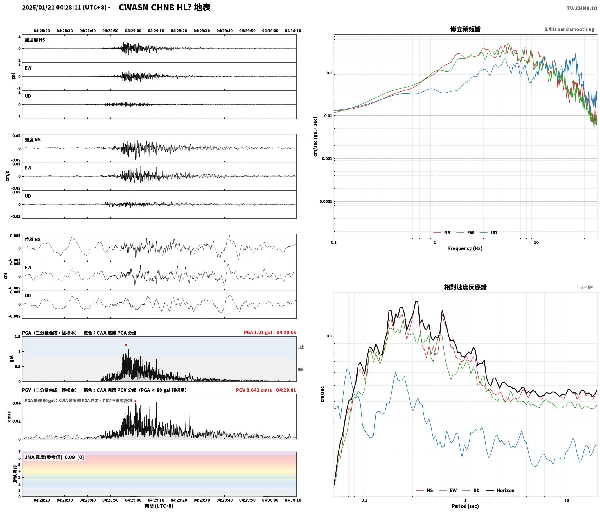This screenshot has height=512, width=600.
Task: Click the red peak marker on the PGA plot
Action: (x=126, y=345)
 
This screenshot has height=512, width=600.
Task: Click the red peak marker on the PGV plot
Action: (x=135, y=401)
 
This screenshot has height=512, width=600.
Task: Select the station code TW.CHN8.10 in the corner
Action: (x=581, y=8)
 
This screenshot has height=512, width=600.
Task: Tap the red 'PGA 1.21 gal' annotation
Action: (x=258, y=333)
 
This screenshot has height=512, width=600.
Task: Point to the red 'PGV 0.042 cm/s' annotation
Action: (x=254, y=390)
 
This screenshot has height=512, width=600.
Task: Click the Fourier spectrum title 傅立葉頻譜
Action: (x=465, y=29)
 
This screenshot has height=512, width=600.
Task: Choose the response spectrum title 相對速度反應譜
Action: (x=465, y=287)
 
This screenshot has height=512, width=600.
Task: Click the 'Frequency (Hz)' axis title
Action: (x=465, y=248)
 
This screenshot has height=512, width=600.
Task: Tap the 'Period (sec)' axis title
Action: (x=465, y=506)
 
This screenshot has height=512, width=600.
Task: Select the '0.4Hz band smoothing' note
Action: (x=569, y=29)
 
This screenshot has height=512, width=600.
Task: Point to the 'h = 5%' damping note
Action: (x=587, y=287)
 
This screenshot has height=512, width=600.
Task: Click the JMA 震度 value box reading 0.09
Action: (x=54, y=457)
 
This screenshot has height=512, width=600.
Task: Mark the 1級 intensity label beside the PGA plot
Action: (x=301, y=347)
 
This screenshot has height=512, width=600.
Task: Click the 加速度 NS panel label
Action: (x=35, y=40)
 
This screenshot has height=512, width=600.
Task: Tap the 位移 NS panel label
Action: (x=33, y=239)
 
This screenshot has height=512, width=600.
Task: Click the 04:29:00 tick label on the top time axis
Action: (x=133, y=31)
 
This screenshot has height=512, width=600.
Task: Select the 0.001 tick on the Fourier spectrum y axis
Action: (x=327, y=159)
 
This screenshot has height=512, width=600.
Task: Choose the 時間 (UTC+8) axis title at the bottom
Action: (x=159, y=506)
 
